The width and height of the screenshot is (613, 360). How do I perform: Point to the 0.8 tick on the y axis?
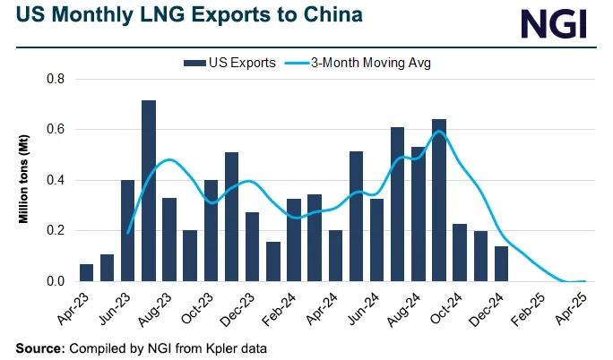click(56, 79)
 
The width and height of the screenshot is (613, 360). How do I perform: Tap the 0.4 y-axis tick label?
click(56, 180)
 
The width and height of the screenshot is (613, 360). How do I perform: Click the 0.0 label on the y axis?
click(56, 281)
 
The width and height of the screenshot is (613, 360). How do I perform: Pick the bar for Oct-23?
click(211, 231)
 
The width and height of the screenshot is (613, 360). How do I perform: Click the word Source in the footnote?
click(41, 347)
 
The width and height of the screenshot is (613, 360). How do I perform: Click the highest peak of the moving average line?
click(439, 132)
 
